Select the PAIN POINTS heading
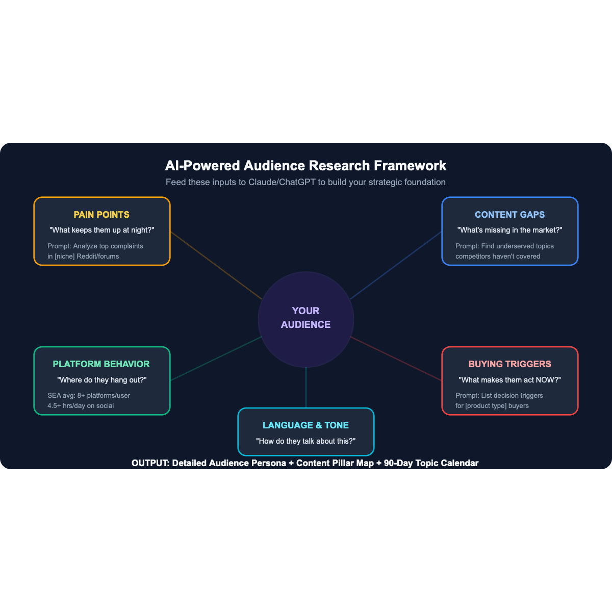(101, 215)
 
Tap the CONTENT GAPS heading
(509, 215)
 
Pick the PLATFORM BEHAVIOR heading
(101, 364)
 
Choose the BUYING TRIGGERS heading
(509, 364)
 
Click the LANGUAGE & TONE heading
(305, 425)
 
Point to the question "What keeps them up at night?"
(101, 230)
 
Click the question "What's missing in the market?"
(509, 230)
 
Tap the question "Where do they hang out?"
(101, 380)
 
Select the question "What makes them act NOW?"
(509, 380)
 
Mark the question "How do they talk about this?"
(305, 441)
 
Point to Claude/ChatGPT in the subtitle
(282, 182)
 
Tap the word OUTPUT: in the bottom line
(150, 463)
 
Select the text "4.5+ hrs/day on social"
(81, 406)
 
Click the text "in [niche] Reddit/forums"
(83, 257)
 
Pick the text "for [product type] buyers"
(492, 406)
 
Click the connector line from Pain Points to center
(216, 266)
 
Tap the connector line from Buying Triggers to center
(396, 359)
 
